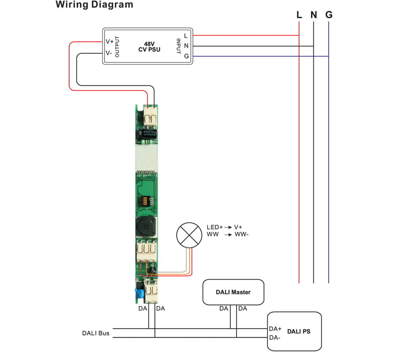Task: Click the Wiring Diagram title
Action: click(x=94, y=5)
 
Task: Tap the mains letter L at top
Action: click(x=299, y=15)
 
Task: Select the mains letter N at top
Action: click(x=313, y=15)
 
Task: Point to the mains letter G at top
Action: click(x=329, y=15)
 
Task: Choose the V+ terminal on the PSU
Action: click(x=109, y=41)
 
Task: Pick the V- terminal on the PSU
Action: click(x=109, y=53)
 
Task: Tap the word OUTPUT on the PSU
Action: click(x=118, y=47)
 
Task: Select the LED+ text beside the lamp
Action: click(x=215, y=227)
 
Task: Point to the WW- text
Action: click(x=242, y=234)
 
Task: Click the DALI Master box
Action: click(x=233, y=292)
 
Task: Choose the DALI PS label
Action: click(x=299, y=332)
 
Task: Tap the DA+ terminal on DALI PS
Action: click(x=275, y=328)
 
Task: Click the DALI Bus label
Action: click(x=96, y=333)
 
